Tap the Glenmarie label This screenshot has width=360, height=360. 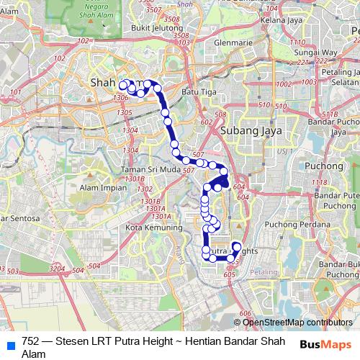coord(233,42)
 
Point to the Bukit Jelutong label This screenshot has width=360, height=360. coord(155,28)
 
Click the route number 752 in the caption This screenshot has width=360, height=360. coord(31,341)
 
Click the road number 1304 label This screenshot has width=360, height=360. coord(130,130)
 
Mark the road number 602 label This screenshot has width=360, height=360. coord(207,122)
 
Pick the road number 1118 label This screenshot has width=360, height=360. coord(319,183)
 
